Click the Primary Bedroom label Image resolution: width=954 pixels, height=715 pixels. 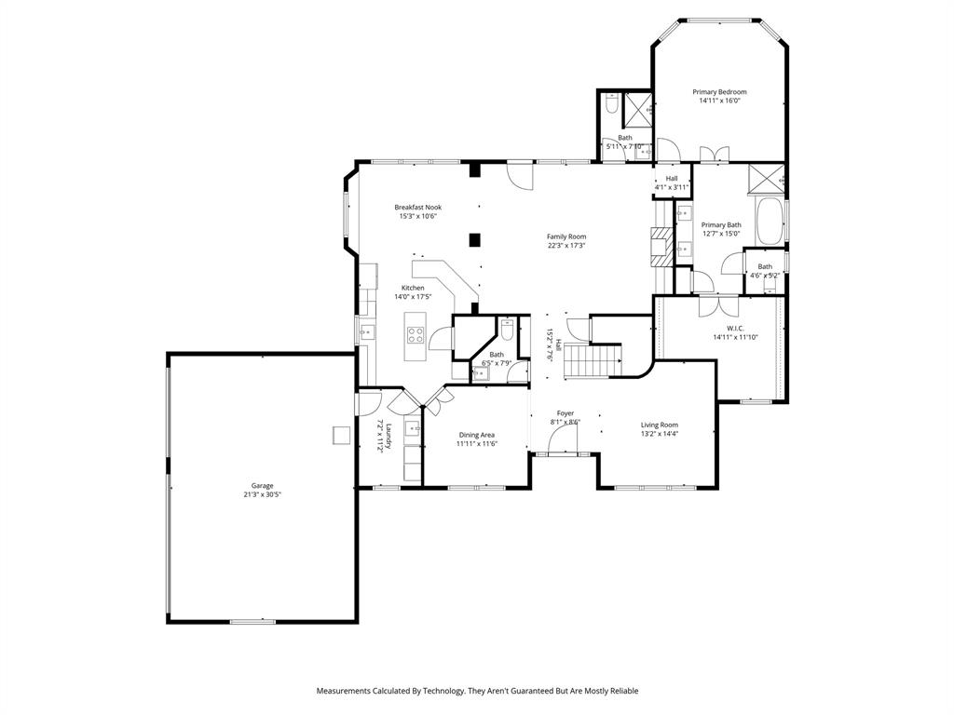click(719, 92)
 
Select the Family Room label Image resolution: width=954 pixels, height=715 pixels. click(566, 236)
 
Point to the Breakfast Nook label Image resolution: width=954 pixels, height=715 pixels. click(417, 207)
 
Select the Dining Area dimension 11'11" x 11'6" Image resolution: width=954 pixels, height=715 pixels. click(477, 444)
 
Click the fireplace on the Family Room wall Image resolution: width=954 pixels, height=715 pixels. click(661, 248)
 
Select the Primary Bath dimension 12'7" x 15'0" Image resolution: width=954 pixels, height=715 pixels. click(721, 234)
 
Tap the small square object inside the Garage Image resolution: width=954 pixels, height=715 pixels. click(340, 435)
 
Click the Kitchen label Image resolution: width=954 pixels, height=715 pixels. click(413, 288)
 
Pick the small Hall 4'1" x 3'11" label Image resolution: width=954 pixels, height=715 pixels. click(671, 179)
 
